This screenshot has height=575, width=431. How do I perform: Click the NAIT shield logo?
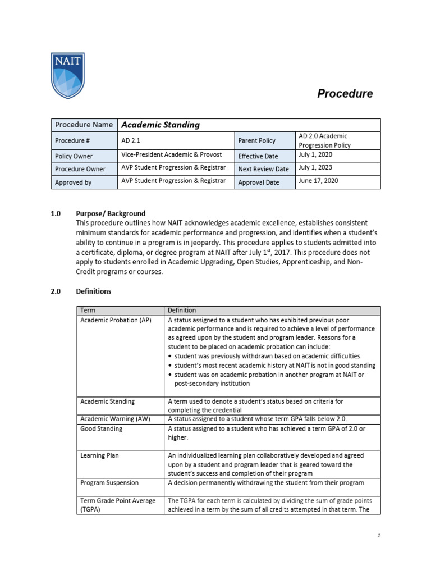[x=67, y=75]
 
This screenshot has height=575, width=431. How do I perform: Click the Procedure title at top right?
[x=345, y=94]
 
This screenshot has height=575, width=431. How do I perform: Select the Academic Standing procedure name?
[x=161, y=125]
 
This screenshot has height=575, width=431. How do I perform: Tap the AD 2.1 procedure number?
[x=131, y=141]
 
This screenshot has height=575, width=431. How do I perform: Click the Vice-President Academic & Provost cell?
[x=172, y=155]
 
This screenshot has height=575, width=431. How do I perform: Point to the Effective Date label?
[x=258, y=156]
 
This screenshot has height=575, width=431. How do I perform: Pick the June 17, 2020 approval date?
[x=319, y=181]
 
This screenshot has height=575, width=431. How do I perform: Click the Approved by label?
[x=74, y=182]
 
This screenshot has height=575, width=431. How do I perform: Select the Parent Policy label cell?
[x=258, y=140]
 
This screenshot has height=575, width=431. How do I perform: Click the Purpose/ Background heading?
[x=111, y=213]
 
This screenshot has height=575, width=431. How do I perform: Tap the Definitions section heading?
[x=93, y=291]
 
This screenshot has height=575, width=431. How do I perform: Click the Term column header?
[x=88, y=310]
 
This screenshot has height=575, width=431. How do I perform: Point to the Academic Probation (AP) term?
[x=116, y=320]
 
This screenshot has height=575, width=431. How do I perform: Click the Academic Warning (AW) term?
[x=116, y=419]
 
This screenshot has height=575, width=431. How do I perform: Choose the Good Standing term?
[x=102, y=429]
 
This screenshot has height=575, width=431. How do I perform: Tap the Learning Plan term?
[x=100, y=456]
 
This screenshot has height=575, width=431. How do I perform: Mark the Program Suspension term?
[x=109, y=483]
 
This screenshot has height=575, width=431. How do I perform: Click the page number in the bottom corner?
[x=379, y=536]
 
